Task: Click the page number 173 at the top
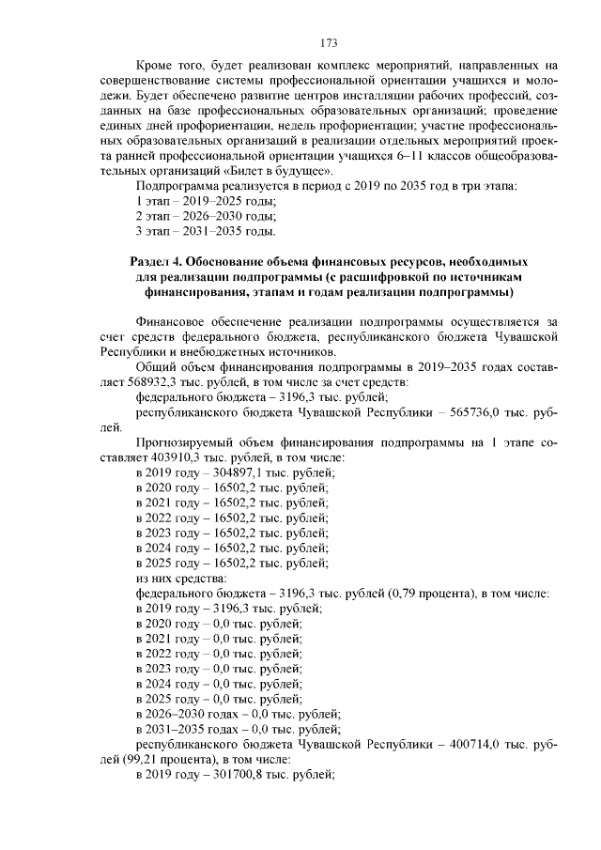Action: tap(329, 43)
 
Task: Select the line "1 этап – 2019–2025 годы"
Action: tap(206, 202)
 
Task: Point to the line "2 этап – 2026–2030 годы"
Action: tap(206, 216)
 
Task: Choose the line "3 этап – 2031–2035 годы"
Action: tap(206, 231)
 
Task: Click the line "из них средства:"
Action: tap(175, 579)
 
